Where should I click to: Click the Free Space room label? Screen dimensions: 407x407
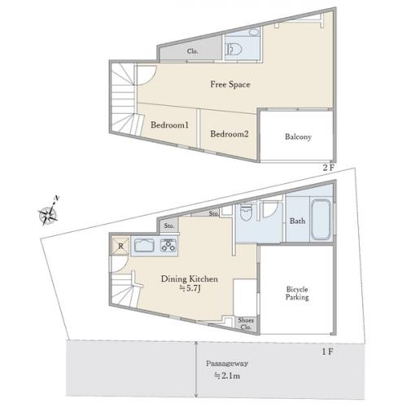pyautogui.click(x=230, y=85)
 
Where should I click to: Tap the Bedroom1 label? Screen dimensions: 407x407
pyautogui.click(x=169, y=125)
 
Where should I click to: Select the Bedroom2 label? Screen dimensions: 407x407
pyautogui.click(x=230, y=133)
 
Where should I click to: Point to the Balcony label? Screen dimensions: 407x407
pyautogui.click(x=298, y=137)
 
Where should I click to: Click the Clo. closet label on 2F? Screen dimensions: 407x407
pyautogui.click(x=192, y=51)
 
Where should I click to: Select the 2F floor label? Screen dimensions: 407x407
pyautogui.click(x=328, y=168)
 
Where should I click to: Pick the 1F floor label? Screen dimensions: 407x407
pyautogui.click(x=327, y=352)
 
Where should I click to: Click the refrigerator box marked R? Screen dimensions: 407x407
pyautogui.click(x=120, y=246)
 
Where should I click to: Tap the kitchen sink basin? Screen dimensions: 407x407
pyautogui.click(x=145, y=246)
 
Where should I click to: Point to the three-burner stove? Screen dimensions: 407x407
pyautogui.click(x=168, y=246)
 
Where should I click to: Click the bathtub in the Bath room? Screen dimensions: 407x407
pyautogui.click(x=321, y=220)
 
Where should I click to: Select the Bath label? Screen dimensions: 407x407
pyautogui.click(x=297, y=221)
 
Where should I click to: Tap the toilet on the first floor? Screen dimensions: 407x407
pyautogui.click(x=246, y=212)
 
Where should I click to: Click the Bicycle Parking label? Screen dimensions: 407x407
pyautogui.click(x=297, y=293)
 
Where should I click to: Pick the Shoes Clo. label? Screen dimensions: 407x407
pyautogui.click(x=246, y=323)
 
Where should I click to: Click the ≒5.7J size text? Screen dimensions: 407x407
pyautogui.click(x=190, y=288)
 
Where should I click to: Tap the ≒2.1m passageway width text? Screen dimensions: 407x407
pyautogui.click(x=227, y=376)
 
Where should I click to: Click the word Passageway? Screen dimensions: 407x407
pyautogui.click(x=227, y=364)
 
